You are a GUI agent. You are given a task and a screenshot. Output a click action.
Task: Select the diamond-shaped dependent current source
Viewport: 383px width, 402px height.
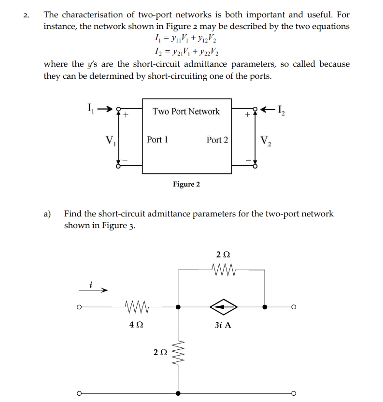[x=223, y=306]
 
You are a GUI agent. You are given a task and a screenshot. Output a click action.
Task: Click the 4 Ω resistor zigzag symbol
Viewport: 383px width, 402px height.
[x=137, y=306]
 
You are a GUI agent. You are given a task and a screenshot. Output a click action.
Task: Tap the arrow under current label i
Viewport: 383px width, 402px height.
[x=94, y=291]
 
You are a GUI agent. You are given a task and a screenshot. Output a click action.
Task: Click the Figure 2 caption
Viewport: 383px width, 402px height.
[x=186, y=184]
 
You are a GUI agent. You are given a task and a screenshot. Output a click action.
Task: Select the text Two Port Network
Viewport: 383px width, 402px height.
[x=186, y=111]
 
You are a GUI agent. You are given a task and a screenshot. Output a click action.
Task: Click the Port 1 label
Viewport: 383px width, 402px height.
[x=157, y=140]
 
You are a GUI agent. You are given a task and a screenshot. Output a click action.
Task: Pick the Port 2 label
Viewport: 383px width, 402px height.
[x=217, y=140]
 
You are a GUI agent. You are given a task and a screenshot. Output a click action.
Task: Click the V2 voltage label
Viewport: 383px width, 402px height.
[x=266, y=141]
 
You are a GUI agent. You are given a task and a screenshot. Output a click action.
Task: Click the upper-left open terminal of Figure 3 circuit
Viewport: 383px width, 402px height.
[x=79, y=307]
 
